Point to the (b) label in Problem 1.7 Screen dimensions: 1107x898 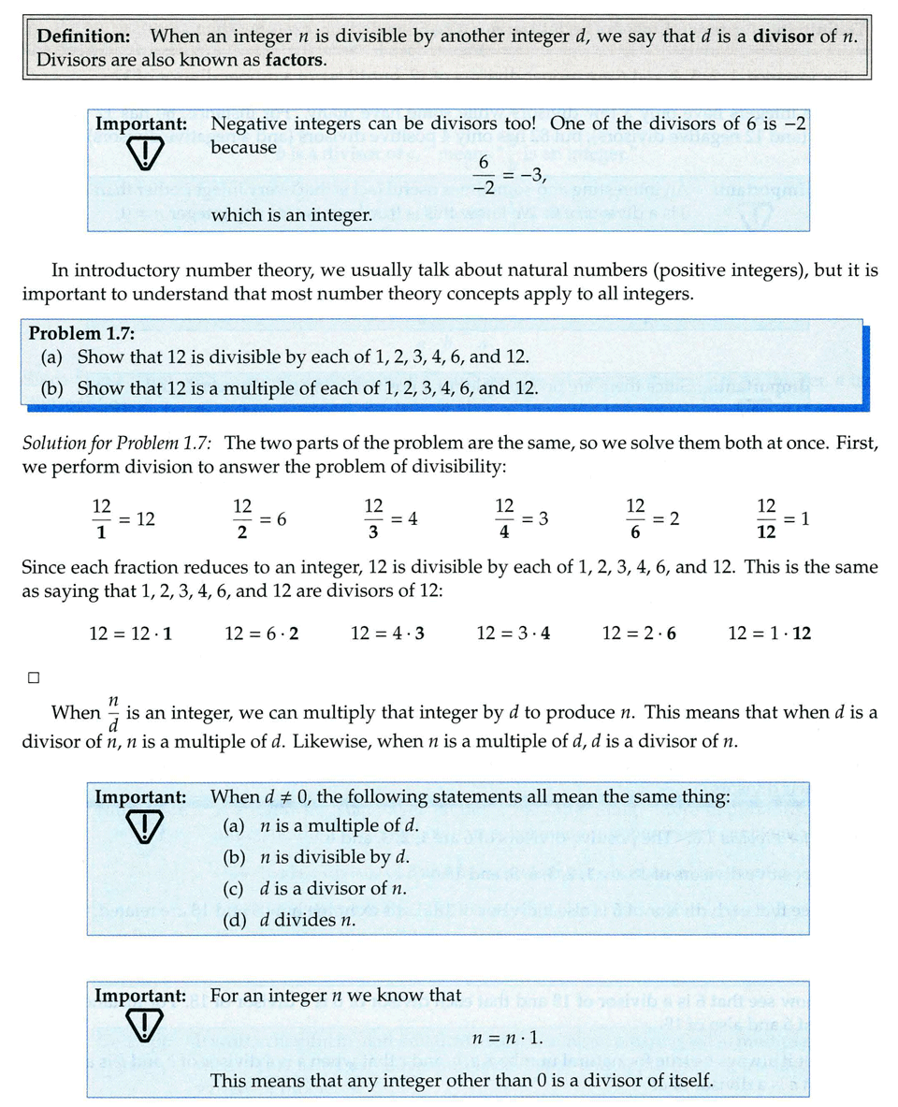(x=52, y=386)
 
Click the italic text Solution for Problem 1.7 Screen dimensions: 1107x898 (x=118, y=442)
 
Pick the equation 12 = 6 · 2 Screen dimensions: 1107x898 (x=262, y=634)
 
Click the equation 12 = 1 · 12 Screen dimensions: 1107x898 (x=769, y=634)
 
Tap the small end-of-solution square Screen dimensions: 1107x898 (x=33, y=677)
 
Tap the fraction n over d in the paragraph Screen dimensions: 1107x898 (x=112, y=713)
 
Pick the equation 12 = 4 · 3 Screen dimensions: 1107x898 (x=387, y=634)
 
